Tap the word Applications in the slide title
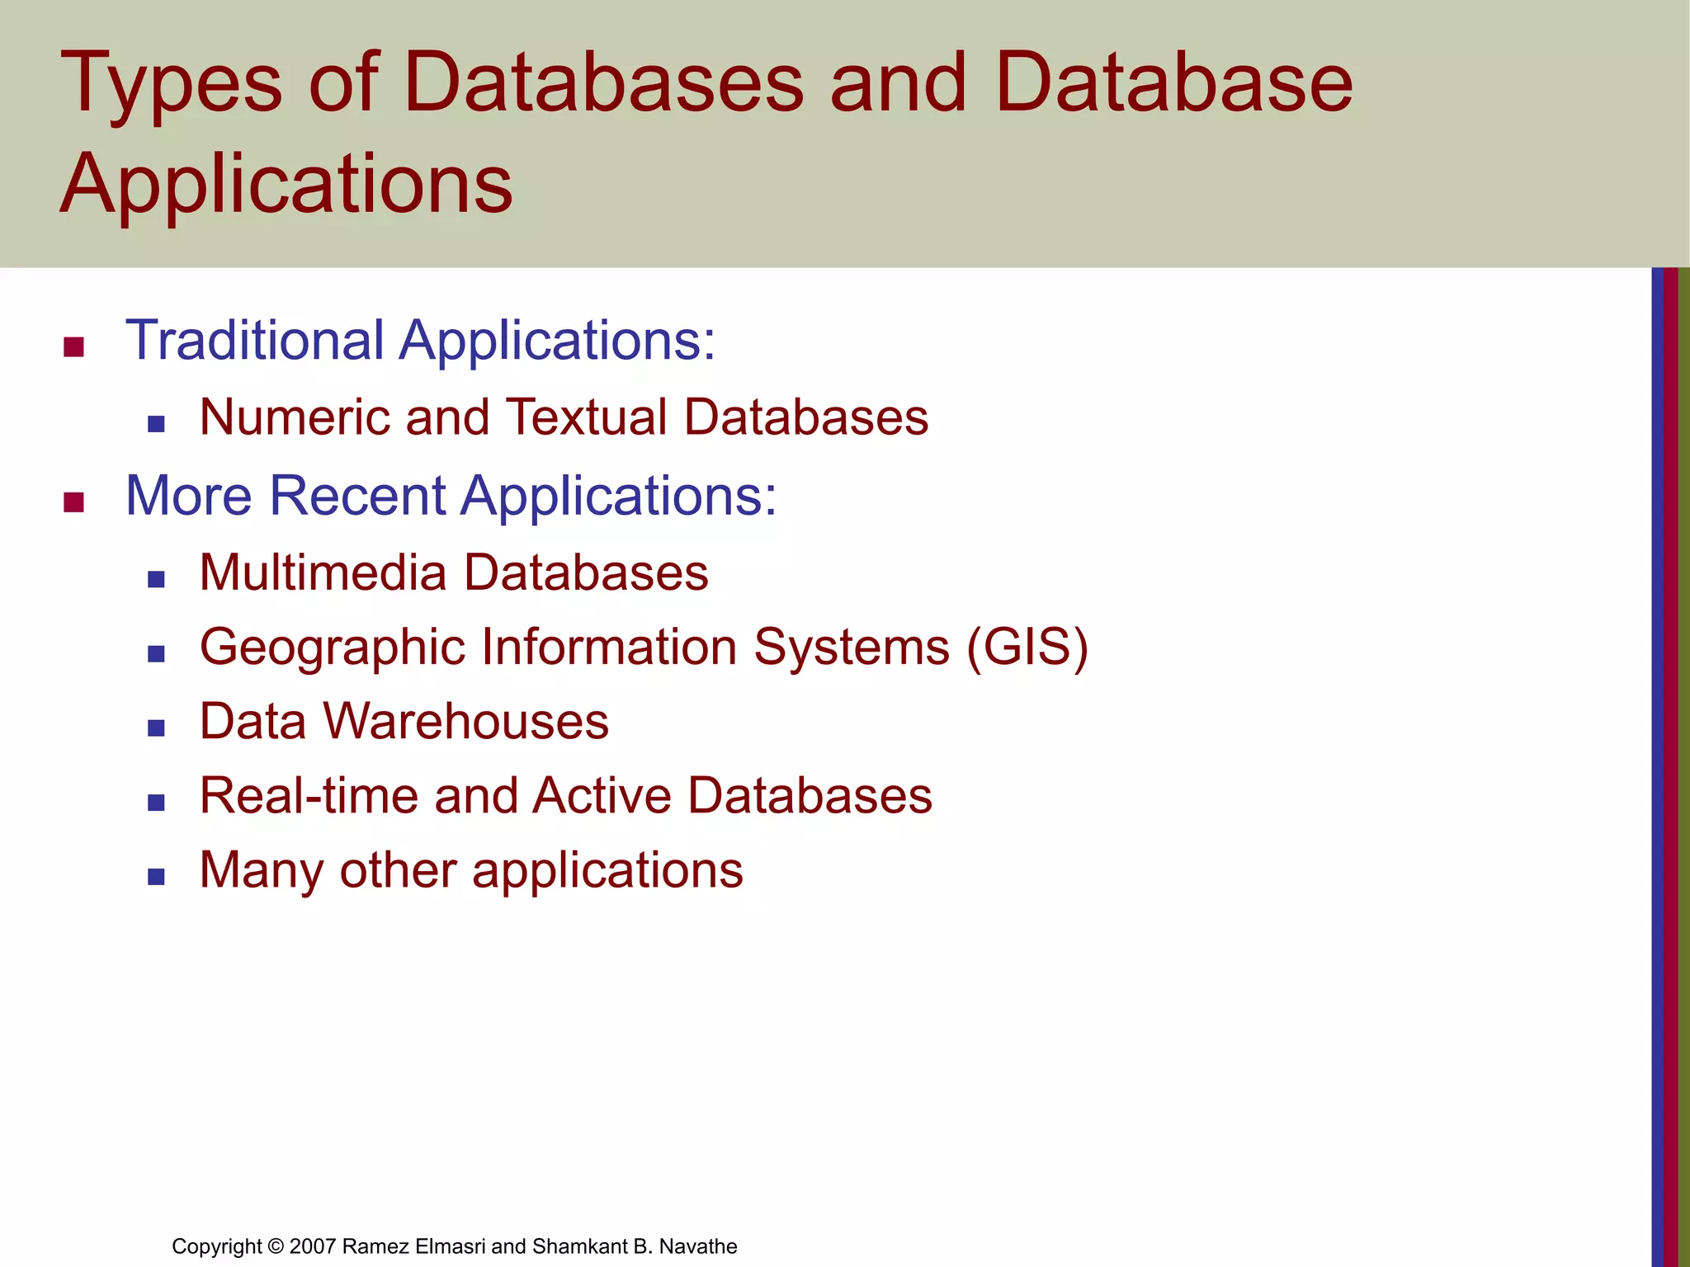click(286, 183)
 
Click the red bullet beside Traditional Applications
click(74, 347)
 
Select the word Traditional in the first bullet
click(255, 340)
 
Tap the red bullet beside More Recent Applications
click(74, 502)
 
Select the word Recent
click(356, 496)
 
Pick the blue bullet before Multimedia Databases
click(156, 580)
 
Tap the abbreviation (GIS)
click(1027, 647)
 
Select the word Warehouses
click(466, 721)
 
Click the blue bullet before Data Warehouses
click(156, 728)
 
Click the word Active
click(602, 796)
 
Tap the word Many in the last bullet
click(262, 871)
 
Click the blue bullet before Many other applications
click(156, 877)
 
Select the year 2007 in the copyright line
click(313, 1246)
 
